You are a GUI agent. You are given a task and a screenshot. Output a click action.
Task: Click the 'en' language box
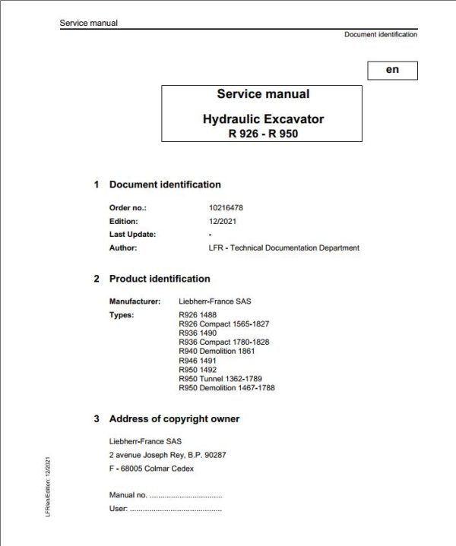[x=391, y=70]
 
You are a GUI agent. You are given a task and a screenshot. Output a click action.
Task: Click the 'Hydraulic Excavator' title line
[x=263, y=119]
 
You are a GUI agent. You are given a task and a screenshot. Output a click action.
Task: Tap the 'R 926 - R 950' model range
[x=263, y=133]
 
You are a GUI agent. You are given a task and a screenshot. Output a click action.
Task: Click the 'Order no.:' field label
[x=128, y=207]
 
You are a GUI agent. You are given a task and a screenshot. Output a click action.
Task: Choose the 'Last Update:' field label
[x=132, y=234]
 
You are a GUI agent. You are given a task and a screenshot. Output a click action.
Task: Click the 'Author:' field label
[x=123, y=248]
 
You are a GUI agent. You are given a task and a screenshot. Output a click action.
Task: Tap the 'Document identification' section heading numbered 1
[x=165, y=185]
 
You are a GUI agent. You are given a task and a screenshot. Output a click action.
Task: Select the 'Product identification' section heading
[x=160, y=279]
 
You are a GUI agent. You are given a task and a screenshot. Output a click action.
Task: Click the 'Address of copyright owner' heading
[x=174, y=418]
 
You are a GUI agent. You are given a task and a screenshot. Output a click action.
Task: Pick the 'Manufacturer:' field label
[x=135, y=301]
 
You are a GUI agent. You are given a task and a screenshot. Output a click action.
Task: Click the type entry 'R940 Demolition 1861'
[x=217, y=352]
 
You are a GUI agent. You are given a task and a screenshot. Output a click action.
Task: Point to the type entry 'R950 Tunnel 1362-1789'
[x=220, y=379]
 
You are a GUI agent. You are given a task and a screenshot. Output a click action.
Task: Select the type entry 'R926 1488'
[x=197, y=315]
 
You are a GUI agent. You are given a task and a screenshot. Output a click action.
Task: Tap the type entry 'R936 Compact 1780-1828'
[x=223, y=342]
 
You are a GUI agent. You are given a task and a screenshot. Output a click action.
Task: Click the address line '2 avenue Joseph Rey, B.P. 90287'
[x=168, y=455]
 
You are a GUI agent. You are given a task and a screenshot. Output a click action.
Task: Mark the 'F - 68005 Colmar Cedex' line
[x=152, y=469]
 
